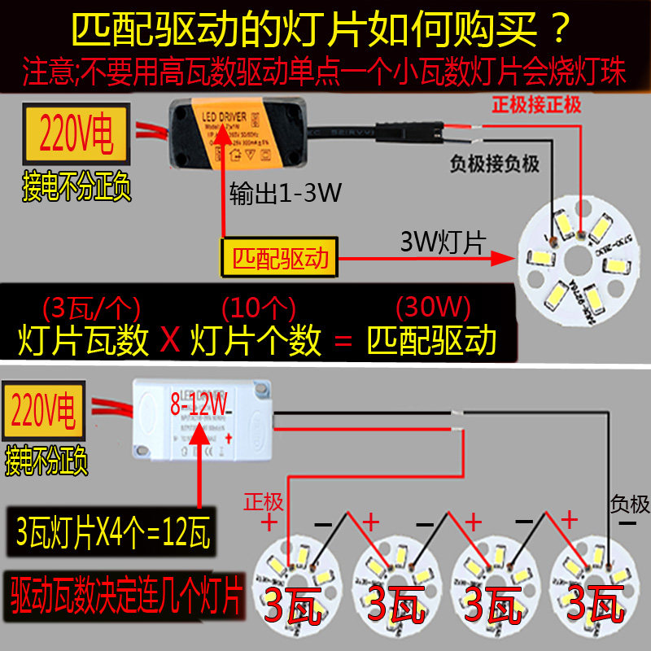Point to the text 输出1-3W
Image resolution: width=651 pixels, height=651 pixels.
(285, 194)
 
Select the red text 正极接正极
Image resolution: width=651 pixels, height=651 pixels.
(536, 105)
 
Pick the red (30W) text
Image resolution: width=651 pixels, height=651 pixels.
(432, 308)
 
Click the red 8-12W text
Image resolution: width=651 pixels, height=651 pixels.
(199, 401)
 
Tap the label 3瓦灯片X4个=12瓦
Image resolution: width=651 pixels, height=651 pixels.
(113, 536)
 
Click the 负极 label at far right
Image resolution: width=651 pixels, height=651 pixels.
(629, 505)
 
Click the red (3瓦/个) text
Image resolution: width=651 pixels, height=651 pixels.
(90, 308)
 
